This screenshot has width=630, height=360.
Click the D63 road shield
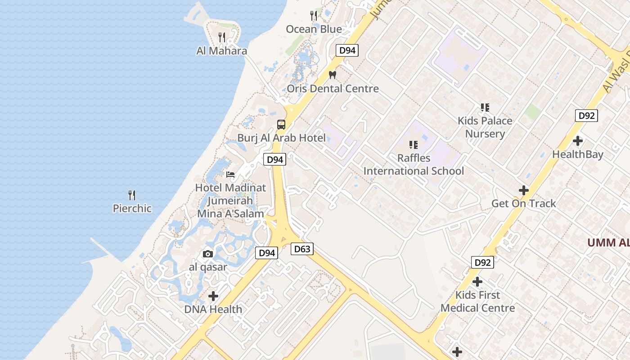[301, 249]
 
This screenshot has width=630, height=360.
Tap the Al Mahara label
[221, 51]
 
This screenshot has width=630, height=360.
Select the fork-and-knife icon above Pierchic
[132, 195]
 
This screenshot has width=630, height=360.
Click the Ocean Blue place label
[314, 29]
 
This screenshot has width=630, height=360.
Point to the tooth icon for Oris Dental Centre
[333, 74]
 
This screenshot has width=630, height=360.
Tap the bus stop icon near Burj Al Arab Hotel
[281, 125]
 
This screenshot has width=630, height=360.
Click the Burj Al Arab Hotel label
[281, 138]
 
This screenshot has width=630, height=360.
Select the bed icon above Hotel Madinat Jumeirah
[230, 174]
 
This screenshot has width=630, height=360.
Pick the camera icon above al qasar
[208, 254]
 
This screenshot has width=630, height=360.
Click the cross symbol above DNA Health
[213, 296]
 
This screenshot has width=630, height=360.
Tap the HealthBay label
[578, 154]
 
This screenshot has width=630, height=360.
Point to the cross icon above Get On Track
[523, 190]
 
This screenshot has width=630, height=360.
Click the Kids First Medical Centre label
[477, 301]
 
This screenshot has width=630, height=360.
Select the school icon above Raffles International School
[414, 145]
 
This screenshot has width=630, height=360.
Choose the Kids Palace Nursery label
[485, 127]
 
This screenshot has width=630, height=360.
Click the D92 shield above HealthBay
[586, 116]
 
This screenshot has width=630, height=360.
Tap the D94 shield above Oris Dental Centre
[347, 50]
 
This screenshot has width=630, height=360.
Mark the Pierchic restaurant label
[132, 208]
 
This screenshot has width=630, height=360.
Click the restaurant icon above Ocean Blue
[314, 16]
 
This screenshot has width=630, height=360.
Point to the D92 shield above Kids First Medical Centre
[483, 262]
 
